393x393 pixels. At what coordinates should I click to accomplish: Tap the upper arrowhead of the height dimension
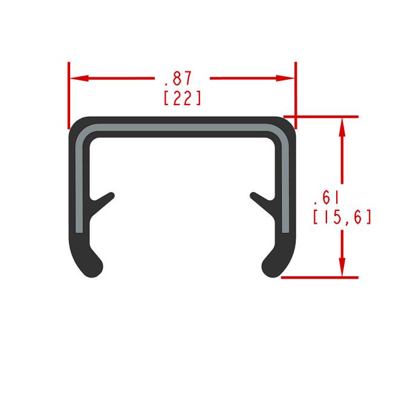[x=342, y=128]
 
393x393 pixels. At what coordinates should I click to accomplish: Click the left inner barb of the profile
[x=103, y=200]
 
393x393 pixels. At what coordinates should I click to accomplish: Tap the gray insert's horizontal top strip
[x=182, y=129]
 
